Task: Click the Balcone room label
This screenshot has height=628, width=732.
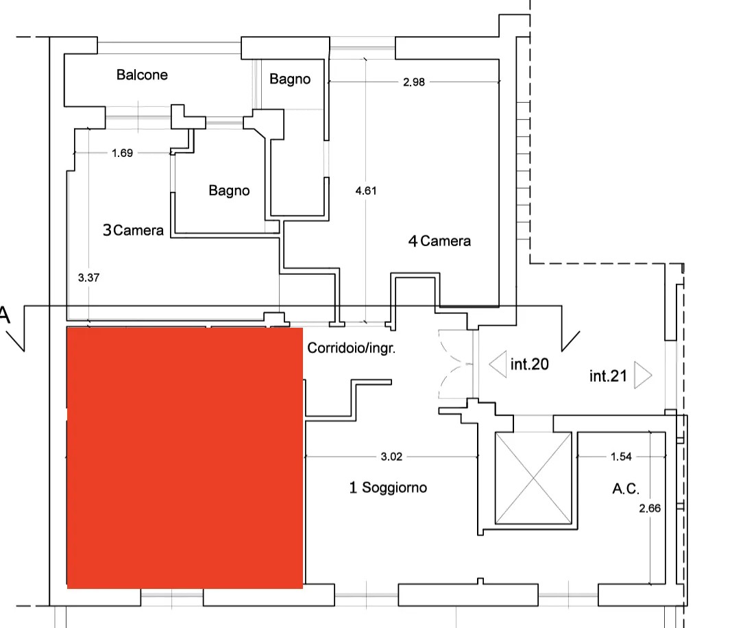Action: pyautogui.click(x=142, y=75)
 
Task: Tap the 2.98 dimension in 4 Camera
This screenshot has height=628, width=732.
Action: pyautogui.click(x=413, y=82)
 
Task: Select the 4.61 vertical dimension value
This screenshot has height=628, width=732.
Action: pyautogui.click(x=365, y=191)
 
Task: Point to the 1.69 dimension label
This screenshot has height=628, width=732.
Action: pyautogui.click(x=122, y=153)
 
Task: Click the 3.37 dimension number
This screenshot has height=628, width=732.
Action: pyautogui.click(x=88, y=278)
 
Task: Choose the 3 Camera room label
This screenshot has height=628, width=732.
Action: pyautogui.click(x=133, y=230)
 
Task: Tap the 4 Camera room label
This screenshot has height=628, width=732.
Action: pyautogui.click(x=439, y=241)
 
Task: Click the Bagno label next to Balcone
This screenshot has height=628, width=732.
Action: pyautogui.click(x=290, y=79)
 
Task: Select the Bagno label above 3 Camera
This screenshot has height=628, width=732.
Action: pyautogui.click(x=229, y=191)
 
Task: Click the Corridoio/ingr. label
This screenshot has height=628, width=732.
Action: pyautogui.click(x=351, y=348)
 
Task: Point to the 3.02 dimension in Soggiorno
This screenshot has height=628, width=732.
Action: pyautogui.click(x=391, y=457)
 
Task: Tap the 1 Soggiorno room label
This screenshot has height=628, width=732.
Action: pyautogui.click(x=388, y=487)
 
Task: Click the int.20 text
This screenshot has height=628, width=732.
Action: pyautogui.click(x=529, y=364)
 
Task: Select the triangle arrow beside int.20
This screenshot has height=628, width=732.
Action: pyautogui.click(x=498, y=364)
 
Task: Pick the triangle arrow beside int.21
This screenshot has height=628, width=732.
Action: pyautogui.click(x=643, y=375)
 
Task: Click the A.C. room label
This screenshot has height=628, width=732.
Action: pyautogui.click(x=626, y=489)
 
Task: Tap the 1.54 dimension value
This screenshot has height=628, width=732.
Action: pyautogui.click(x=621, y=457)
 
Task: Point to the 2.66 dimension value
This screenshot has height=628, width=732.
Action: pyautogui.click(x=650, y=508)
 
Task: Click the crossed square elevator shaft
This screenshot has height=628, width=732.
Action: pyautogui.click(x=533, y=478)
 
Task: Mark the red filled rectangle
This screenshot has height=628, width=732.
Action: pyautogui.click(x=185, y=458)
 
